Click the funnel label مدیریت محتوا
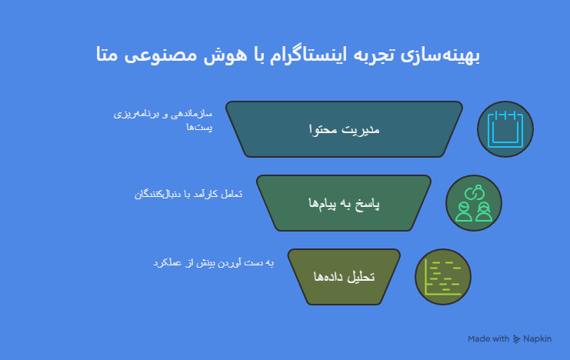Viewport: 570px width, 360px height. pos(344,129)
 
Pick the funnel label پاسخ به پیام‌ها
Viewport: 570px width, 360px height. pos(344,203)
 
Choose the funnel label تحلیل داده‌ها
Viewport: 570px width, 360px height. pos(344,276)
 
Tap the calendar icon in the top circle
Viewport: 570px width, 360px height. pos(505,129)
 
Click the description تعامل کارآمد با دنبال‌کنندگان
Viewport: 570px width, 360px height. pos(188,194)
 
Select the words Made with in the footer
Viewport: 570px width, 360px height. pos(488,338)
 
